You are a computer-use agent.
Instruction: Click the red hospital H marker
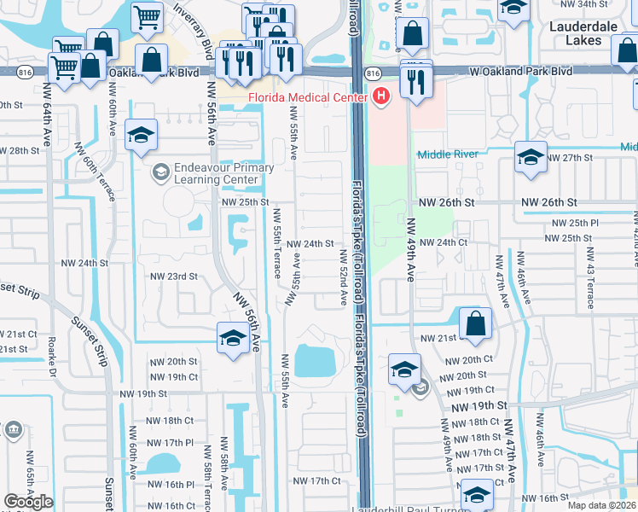click(381, 97)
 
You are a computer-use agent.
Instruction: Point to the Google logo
click(28, 502)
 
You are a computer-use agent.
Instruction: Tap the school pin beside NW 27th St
click(530, 158)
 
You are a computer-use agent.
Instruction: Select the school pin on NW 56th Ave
click(232, 339)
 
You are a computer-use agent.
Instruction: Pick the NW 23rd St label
click(174, 276)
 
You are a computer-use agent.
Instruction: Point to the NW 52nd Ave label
click(345, 278)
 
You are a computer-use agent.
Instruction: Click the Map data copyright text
click(600, 504)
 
